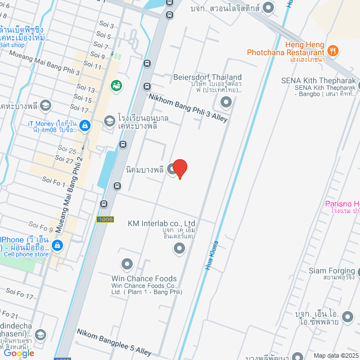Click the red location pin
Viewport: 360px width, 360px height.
(x=179, y=168)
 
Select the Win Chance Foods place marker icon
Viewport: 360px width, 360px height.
(x=127, y=263)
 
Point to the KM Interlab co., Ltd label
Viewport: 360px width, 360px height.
(x=161, y=223)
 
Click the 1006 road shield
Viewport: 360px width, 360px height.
(x=105, y=219)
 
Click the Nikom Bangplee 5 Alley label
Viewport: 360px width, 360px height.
(x=114, y=342)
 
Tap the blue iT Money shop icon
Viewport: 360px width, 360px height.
(x=85, y=125)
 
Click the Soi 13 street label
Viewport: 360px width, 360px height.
(x=85, y=89)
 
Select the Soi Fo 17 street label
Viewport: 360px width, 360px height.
(x=20, y=293)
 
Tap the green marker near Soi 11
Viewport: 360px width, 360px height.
(x=117, y=86)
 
